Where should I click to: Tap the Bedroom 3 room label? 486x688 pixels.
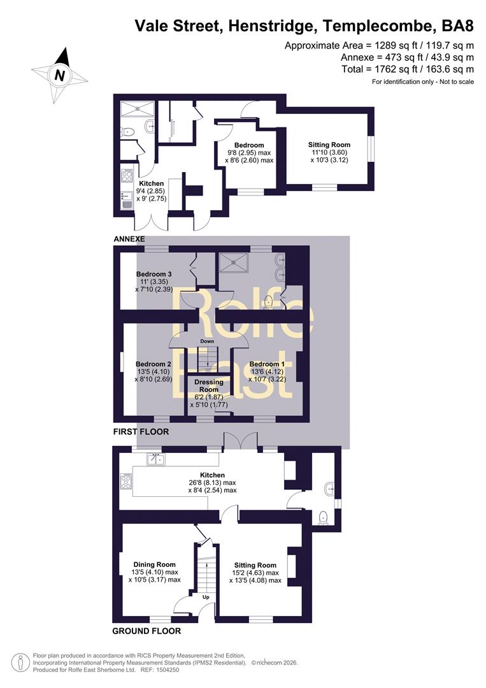tap(154, 274)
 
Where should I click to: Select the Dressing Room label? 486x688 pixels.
tap(209, 385)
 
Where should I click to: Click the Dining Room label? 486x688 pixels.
tap(154, 564)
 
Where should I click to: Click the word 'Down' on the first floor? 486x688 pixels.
tap(207, 341)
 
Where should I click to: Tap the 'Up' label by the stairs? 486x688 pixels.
tap(206, 597)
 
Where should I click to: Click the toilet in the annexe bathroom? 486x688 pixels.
tap(127, 131)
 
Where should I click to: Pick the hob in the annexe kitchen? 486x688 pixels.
tap(127, 176)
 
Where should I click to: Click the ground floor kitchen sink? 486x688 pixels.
tap(155, 459)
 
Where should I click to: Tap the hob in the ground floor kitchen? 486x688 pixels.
tap(126, 482)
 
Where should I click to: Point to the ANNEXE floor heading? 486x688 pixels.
tap(129, 239)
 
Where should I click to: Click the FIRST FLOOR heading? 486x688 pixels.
tap(141, 432)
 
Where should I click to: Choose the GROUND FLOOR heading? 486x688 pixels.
tap(147, 631)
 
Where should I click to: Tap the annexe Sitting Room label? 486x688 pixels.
tap(329, 145)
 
